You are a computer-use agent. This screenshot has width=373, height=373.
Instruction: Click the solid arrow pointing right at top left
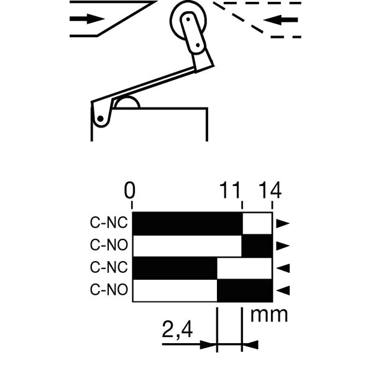pos(87,19)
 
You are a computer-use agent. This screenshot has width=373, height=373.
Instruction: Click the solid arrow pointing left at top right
pos(281,20)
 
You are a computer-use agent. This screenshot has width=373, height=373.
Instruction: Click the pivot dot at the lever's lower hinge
pos(100,119)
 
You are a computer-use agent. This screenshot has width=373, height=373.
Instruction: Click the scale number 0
pos(130,190)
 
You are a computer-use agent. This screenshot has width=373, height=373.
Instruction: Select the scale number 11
pos(229,190)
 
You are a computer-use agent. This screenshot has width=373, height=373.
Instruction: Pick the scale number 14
pos(270,190)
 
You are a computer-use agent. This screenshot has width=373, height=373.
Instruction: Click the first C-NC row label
pos(109,223)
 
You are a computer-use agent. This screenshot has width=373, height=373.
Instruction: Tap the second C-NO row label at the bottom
pos(109,290)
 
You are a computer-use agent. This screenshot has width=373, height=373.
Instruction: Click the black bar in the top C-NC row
pos(187,223)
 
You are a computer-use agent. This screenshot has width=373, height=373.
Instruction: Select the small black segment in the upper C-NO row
pos(257,246)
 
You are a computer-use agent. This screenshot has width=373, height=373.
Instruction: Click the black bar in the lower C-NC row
pos(175,268)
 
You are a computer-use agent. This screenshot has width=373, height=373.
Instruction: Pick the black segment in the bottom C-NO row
pos(245,291)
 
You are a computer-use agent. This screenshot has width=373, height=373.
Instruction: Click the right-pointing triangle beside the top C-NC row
pos(283,223)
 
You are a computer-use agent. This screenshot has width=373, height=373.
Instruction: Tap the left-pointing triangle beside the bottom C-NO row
pos(283,291)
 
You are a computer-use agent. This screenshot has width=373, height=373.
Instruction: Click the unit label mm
pos(269,315)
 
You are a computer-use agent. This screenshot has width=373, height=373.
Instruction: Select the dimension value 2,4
pos(177,329)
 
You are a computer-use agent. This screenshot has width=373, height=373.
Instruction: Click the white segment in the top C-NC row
pos(257,223)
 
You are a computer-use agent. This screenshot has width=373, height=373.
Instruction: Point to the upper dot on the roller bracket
pos(188,19)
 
